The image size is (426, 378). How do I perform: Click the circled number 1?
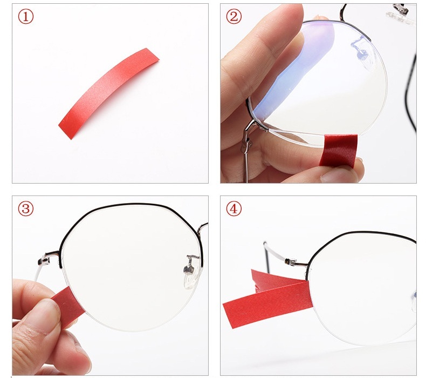point(26,17)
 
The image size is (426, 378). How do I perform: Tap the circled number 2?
point(234,16)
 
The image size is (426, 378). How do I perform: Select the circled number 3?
point(26,209)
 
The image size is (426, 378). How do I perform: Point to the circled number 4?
point(234,209)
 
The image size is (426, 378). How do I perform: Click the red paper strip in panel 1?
point(109,93)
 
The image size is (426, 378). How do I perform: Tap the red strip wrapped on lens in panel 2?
point(339,150)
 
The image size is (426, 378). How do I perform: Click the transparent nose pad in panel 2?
point(361,52)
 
